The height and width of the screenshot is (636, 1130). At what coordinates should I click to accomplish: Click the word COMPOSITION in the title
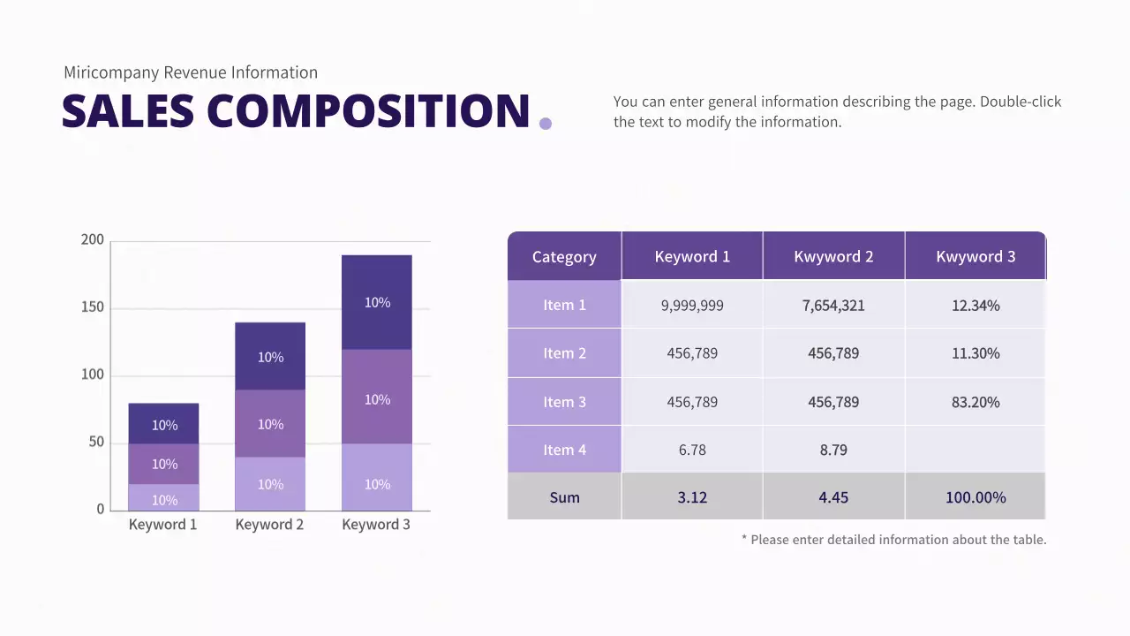point(368,111)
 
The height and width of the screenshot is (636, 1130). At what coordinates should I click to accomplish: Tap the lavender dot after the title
point(545,124)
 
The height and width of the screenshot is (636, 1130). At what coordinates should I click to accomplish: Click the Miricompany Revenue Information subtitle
point(190,72)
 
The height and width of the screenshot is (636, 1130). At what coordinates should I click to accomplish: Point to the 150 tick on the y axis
point(92,307)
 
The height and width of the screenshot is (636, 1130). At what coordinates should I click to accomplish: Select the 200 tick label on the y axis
point(92,240)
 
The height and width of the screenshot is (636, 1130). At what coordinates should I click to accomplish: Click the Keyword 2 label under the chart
point(269,525)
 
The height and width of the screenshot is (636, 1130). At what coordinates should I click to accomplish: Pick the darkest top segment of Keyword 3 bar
point(377,302)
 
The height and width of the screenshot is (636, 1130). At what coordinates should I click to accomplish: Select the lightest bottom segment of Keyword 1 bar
point(164,498)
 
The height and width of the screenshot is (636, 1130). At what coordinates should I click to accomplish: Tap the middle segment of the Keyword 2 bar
point(270,424)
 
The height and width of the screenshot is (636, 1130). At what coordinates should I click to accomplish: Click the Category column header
point(564,257)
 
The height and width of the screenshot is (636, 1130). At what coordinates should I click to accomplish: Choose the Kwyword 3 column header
point(976,257)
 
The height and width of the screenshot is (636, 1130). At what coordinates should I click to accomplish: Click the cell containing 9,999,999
point(692,306)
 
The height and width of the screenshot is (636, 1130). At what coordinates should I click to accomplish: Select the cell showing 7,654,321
point(833,306)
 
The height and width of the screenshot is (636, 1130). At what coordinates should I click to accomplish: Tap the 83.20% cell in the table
point(976,402)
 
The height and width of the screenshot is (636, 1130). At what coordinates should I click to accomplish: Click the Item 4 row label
point(564,450)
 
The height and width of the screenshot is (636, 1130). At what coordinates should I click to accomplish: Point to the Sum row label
point(564,497)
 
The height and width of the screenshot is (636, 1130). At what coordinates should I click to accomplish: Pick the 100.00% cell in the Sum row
point(976,497)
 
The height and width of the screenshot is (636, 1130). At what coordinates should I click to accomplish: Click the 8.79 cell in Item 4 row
point(833,450)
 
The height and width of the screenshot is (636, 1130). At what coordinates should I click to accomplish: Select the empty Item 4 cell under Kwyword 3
point(976,450)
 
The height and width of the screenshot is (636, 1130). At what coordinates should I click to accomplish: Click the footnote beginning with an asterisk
point(893,540)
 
